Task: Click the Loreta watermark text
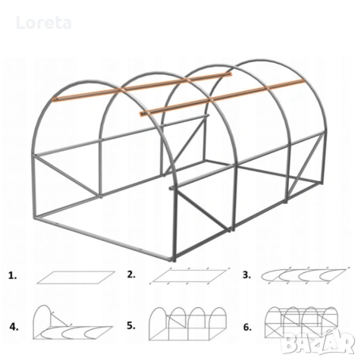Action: pyautogui.click(x=44, y=23)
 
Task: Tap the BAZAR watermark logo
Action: pyautogui.click(x=318, y=343)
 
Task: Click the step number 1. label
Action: pyautogui.click(x=13, y=275)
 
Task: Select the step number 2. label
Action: pyautogui.click(x=131, y=275)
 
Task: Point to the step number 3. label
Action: pyautogui.click(x=246, y=275)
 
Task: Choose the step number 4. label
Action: pyautogui.click(x=14, y=327)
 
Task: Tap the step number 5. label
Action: pyautogui.click(x=131, y=326)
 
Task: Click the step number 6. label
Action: pyautogui.click(x=247, y=328)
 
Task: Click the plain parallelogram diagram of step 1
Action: pyautogui.click(x=76, y=278)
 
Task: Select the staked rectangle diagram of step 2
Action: pyautogui.click(x=190, y=275)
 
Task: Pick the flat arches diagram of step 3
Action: pyautogui.click(x=305, y=275)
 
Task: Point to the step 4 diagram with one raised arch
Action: pyautogui.click(x=73, y=322)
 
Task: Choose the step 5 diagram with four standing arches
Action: pyautogui.click(x=187, y=324)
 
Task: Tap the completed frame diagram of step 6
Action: pyautogui.click(x=301, y=322)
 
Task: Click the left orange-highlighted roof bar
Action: pyautogui.click(x=142, y=86)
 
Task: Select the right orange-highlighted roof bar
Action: pyautogui.click(x=222, y=98)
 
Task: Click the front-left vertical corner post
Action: pyautogui.click(x=35, y=186)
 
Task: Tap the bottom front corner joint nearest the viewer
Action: pyautogui.click(x=174, y=259)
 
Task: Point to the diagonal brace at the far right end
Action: pyautogui.click(x=306, y=165)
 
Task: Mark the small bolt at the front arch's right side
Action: pyautogui.click(x=171, y=188)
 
